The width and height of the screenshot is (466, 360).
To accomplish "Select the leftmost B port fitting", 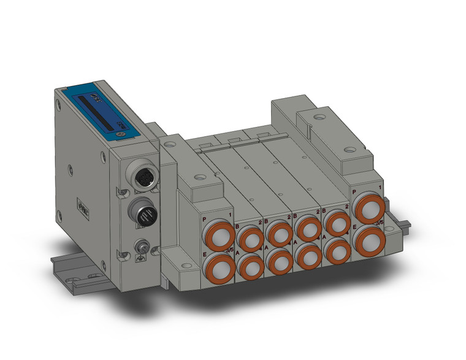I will coord(250,238).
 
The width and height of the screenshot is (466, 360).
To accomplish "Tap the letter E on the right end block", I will coord(356,228).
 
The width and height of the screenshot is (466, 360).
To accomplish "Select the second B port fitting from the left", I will coord(280,233).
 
